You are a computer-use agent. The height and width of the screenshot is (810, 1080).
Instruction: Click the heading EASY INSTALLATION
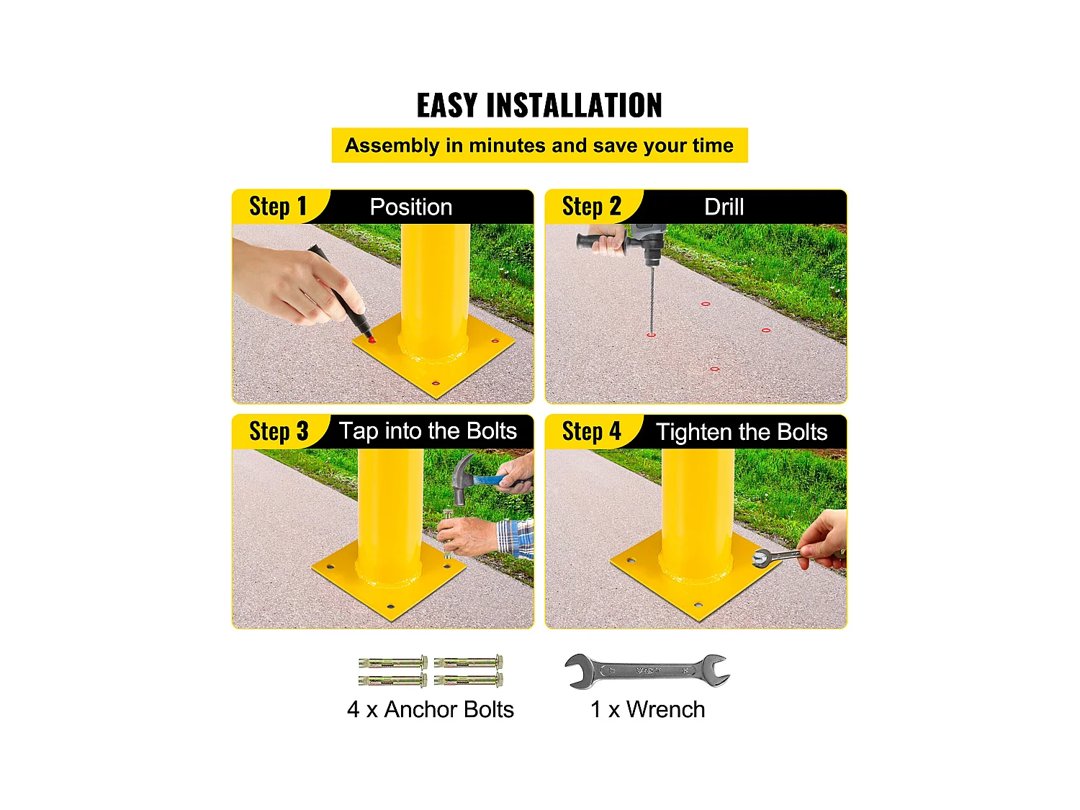pos(539,105)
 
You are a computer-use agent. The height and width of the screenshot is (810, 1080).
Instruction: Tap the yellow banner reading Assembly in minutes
pos(539,145)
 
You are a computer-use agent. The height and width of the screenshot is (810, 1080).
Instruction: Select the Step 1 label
pos(278,206)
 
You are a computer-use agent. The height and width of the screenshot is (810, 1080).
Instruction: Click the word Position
pos(411,207)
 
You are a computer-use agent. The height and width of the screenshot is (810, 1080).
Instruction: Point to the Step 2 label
pos(591,206)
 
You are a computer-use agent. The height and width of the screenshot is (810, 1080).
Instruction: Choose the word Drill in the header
pos(724,207)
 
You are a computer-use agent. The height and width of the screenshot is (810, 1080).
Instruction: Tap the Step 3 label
pos(279,431)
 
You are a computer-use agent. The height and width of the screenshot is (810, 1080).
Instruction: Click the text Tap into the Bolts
pos(428,431)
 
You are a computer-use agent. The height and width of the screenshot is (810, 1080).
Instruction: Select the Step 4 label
pos(591,431)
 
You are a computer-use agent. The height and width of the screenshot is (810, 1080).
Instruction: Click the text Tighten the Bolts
pos(742,432)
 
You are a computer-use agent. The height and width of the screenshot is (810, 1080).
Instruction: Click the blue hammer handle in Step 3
pos(500,480)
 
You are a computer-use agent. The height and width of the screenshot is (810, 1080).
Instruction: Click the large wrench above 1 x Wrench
pos(647,670)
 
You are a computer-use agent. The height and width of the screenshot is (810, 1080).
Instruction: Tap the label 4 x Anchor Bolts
pos(431,709)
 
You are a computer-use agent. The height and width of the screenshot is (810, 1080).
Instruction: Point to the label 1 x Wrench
pos(647,709)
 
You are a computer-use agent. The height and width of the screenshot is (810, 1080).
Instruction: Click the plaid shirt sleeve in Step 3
pos(516,538)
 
